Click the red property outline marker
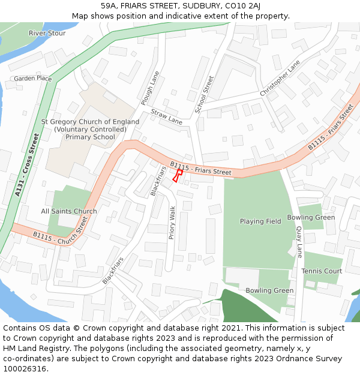tap(178, 175)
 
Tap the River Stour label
tap(47, 34)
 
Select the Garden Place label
tap(33, 79)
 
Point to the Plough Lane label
tap(149, 88)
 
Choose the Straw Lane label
tap(166, 116)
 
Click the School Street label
tap(205, 94)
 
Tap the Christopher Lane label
tap(280, 79)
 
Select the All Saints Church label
tap(69, 211)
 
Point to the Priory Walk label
tap(172, 223)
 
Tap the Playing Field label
tap(260, 221)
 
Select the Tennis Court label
tap(322, 271)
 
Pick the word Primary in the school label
tap(80, 137)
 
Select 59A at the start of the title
tap(117, 6)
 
